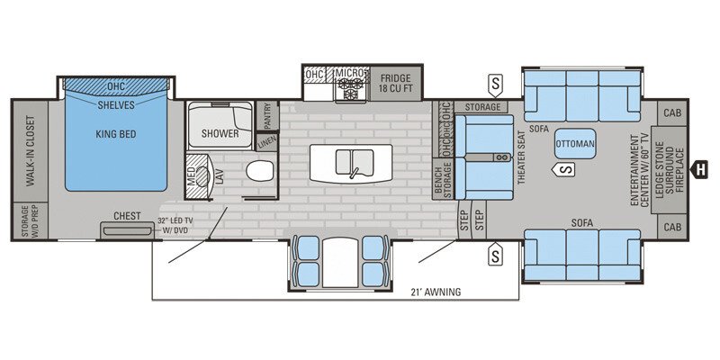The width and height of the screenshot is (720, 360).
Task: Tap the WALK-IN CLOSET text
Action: pos(31,151)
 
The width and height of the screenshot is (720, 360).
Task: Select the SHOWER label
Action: pos(220,134)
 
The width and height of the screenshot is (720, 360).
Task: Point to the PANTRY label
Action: pos(266,115)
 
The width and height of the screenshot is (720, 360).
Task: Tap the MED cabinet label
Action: pos(191,176)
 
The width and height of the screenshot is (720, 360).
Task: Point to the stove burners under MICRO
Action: pos(348,90)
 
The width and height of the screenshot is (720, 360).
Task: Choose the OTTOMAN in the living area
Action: pos(573,144)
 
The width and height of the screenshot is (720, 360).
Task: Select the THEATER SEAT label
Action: pos(521,157)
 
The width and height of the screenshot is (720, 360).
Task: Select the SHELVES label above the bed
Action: pos(115,105)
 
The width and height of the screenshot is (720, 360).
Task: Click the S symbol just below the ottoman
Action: pos(564,167)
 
